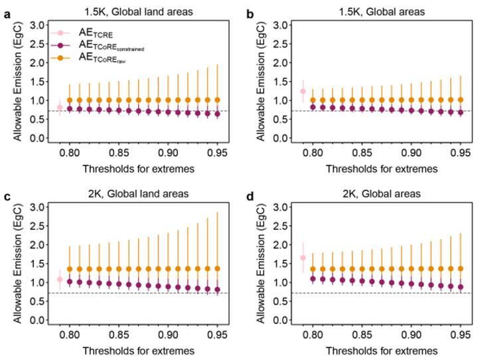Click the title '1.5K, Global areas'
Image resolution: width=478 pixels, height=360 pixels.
click(382, 12)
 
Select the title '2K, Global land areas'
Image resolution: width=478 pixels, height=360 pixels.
click(138, 194)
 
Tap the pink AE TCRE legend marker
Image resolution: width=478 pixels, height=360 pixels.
click(60, 33)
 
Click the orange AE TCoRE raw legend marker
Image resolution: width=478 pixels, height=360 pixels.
click(60, 58)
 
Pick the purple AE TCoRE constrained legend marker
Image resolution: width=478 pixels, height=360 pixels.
click(60, 45)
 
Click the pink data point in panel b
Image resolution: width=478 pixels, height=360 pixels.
click(303, 91)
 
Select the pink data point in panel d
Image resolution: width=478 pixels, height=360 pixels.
click(303, 258)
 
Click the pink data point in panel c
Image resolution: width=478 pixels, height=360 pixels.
click(60, 279)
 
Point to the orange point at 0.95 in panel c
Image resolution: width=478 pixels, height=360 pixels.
click(217, 268)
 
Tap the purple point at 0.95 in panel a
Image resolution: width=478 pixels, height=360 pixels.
click(217, 114)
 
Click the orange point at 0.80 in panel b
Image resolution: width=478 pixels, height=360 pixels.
click(313, 100)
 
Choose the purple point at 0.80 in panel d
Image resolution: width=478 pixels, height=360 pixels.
click(313, 278)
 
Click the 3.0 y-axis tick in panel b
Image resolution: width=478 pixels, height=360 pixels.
click(280, 25)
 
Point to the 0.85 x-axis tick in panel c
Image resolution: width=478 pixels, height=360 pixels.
click(119, 335)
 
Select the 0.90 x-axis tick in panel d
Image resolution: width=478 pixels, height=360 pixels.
click(411, 335)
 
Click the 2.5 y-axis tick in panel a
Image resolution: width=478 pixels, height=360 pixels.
click(37, 44)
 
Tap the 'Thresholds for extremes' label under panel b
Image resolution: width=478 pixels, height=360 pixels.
click(382, 169)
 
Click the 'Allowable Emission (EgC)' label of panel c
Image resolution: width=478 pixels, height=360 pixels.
click(18, 263)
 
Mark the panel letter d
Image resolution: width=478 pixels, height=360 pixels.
click(250, 197)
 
